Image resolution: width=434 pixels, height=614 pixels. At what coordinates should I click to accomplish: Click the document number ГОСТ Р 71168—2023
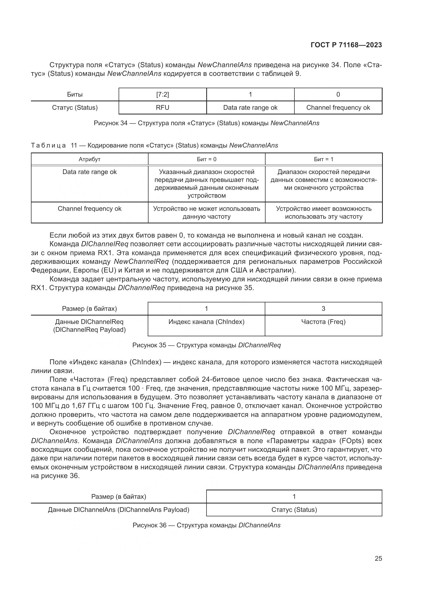click(x=346, y=45)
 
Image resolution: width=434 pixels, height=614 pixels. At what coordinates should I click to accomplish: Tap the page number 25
click(x=378, y=558)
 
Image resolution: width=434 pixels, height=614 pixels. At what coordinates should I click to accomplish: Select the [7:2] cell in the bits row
click(x=162, y=95)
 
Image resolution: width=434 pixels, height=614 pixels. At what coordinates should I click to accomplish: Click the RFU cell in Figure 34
click(x=162, y=108)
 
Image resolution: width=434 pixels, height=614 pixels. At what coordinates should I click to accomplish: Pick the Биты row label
click(x=75, y=95)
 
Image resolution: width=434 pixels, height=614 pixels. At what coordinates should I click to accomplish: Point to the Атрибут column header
click(x=89, y=159)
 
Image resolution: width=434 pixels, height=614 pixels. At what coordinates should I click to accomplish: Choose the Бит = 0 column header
click(x=207, y=159)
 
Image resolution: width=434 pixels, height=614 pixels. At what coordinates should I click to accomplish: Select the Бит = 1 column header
click(x=324, y=159)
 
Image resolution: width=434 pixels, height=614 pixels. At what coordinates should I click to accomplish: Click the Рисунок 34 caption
click(x=207, y=123)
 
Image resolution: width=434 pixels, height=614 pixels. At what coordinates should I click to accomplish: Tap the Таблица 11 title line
click(x=155, y=145)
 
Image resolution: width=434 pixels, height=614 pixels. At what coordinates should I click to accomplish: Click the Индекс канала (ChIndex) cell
click(x=206, y=322)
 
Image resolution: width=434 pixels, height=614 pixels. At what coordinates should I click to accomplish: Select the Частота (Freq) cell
click(x=323, y=322)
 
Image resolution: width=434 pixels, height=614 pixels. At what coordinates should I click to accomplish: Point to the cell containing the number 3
click(x=323, y=309)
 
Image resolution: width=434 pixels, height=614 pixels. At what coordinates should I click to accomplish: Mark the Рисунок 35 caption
click(x=207, y=345)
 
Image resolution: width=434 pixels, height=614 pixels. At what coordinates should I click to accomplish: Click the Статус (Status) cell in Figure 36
click(x=294, y=510)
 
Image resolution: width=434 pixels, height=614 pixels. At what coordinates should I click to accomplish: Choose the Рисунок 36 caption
click(x=207, y=525)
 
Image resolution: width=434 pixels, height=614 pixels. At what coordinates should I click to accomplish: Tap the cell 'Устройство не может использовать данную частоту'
click(x=207, y=213)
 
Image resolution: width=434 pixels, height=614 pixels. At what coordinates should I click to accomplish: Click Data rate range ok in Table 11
click(x=89, y=172)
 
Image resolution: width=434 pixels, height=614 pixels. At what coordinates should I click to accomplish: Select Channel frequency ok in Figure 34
click(x=338, y=108)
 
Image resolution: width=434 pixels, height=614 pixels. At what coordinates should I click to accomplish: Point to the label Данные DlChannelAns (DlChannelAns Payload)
click(x=119, y=510)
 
